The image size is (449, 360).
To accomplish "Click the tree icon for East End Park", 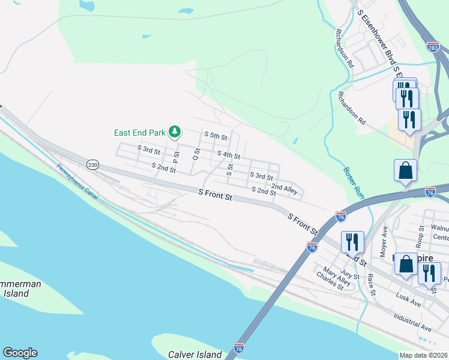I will tap(175, 131).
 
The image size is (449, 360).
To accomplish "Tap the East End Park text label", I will tap(140, 132).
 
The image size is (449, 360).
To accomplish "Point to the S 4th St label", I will tap(228, 155).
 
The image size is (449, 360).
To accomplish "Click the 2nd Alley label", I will tap(284, 189).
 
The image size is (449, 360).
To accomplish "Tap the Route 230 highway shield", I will tap(92, 164).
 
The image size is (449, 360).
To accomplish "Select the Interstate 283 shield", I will tap(433, 46).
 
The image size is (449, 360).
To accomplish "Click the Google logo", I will tap(20, 353).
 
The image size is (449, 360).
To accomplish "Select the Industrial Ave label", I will tap(412, 322).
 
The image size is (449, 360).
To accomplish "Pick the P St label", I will tap(176, 157).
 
